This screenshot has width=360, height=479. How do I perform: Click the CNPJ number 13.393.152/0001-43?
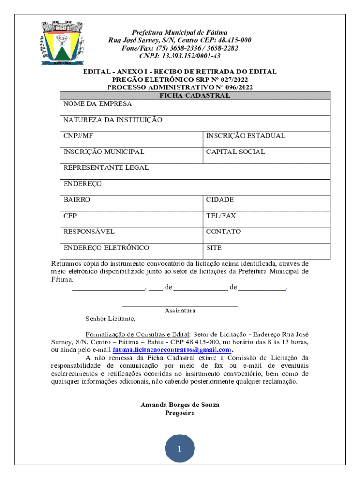(180, 56)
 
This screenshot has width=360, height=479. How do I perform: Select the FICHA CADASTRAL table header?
(195, 95)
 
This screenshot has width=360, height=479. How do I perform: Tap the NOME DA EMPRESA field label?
(98, 104)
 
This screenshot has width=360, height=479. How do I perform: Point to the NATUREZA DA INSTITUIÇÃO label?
(113, 120)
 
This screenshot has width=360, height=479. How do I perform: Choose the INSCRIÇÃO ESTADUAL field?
(245, 136)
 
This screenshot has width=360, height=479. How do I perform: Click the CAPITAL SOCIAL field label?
(236, 152)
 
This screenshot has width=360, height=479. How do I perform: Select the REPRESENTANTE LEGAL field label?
(106, 167)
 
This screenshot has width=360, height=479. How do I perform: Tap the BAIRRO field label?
(77, 200)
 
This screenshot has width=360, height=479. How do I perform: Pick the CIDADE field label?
(220, 200)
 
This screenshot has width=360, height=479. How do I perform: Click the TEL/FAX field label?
(221, 216)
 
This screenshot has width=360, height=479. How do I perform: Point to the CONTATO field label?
(223, 232)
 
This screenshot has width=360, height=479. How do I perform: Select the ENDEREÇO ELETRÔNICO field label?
(107, 248)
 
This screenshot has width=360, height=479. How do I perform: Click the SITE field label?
(214, 248)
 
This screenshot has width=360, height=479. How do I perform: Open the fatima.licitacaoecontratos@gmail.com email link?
(172, 350)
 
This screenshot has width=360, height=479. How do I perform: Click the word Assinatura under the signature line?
(180, 310)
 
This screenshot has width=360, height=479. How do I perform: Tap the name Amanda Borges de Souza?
(180, 405)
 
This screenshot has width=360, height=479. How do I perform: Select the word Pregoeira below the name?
(180, 413)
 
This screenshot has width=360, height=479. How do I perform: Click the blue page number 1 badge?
(180, 450)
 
